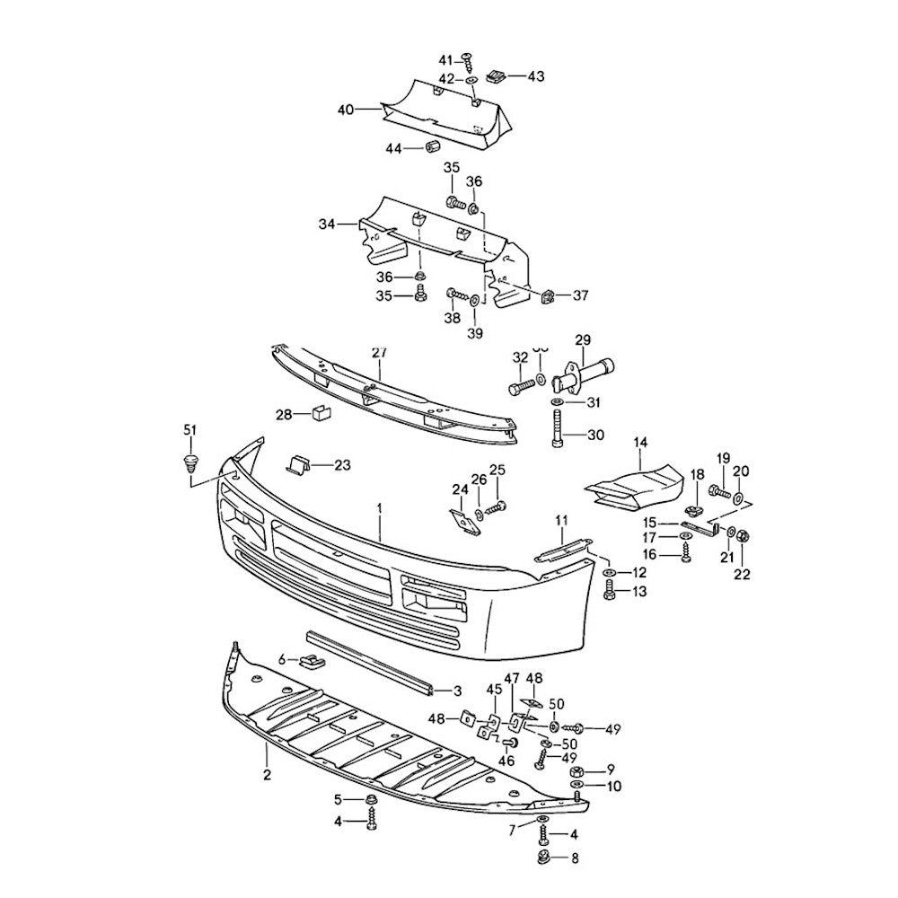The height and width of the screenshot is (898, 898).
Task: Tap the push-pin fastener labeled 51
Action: click(189, 464)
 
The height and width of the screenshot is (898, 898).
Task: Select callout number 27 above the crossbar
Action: click(378, 353)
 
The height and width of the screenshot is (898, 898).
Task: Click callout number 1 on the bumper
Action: click(380, 507)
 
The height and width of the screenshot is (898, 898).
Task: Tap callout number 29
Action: click(583, 340)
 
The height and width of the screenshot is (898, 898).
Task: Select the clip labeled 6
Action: click(312, 663)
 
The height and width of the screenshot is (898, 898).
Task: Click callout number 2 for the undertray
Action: click(267, 773)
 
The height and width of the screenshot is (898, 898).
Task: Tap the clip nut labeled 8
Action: click(544, 858)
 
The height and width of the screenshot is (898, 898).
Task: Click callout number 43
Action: click(535, 77)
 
